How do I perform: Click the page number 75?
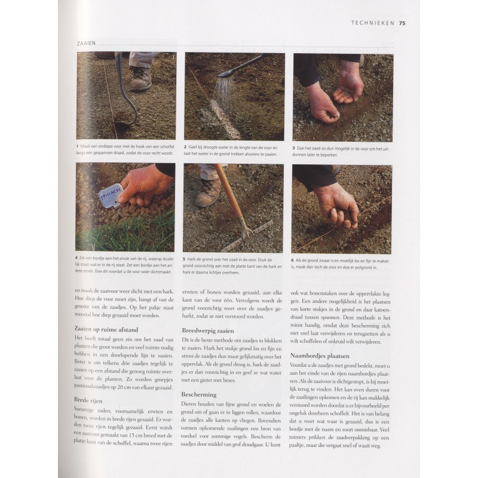tap(402, 23)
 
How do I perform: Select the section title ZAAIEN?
tap(87, 44)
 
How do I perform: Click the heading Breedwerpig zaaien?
tap(207, 330)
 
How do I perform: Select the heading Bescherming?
tap(200, 394)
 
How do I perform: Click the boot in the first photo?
tap(141, 78)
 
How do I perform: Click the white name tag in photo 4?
tap(110, 195)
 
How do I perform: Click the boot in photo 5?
tap(207, 192)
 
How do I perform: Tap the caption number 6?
tap(293, 261)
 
